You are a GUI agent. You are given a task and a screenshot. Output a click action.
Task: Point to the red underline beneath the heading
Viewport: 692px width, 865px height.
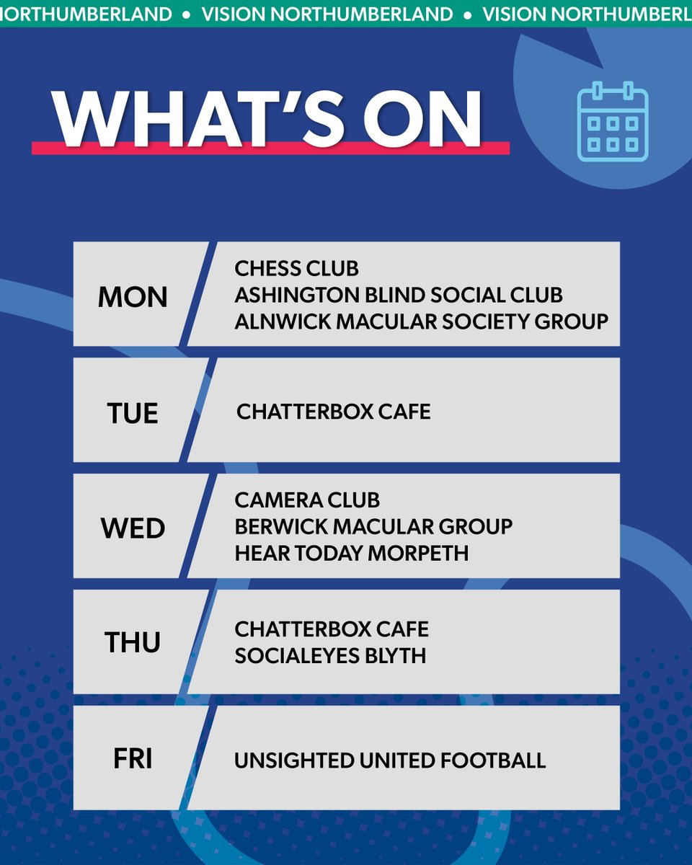(270, 148)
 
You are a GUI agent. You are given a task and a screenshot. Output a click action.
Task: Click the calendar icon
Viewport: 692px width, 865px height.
(613, 121)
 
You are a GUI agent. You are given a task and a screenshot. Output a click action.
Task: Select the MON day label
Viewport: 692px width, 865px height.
(133, 297)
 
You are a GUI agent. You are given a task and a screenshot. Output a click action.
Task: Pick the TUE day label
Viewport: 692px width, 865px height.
(133, 414)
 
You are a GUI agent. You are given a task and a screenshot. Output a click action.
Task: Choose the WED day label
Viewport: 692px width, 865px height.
(133, 528)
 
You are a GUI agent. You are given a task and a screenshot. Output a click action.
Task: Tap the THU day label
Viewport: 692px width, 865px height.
(133, 642)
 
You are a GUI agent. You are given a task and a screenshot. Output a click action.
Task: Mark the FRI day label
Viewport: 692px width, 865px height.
(133, 760)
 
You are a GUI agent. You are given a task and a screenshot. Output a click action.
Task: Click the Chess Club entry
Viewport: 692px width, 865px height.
(296, 269)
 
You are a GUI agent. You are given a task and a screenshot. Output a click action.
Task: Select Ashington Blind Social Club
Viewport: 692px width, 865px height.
(398, 295)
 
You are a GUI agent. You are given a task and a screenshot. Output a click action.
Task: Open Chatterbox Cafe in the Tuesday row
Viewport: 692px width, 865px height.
(333, 412)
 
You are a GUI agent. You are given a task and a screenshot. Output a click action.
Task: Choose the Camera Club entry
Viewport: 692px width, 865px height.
(307, 500)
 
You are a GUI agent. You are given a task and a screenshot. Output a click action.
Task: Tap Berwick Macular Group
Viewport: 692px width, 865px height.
(373, 526)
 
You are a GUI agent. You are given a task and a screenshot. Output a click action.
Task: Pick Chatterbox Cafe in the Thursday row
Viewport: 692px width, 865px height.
(332, 629)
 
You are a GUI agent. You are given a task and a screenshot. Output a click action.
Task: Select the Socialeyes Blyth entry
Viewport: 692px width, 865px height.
(330, 656)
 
